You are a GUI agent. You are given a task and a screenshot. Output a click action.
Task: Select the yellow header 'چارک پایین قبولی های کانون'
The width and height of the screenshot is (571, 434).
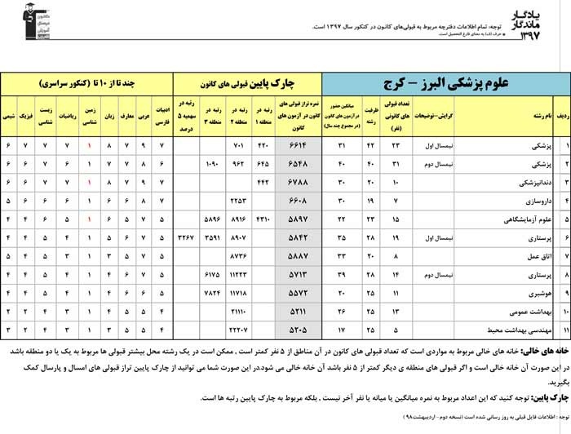248,83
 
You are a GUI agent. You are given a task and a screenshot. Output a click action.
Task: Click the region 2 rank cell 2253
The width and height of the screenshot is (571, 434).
237,200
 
